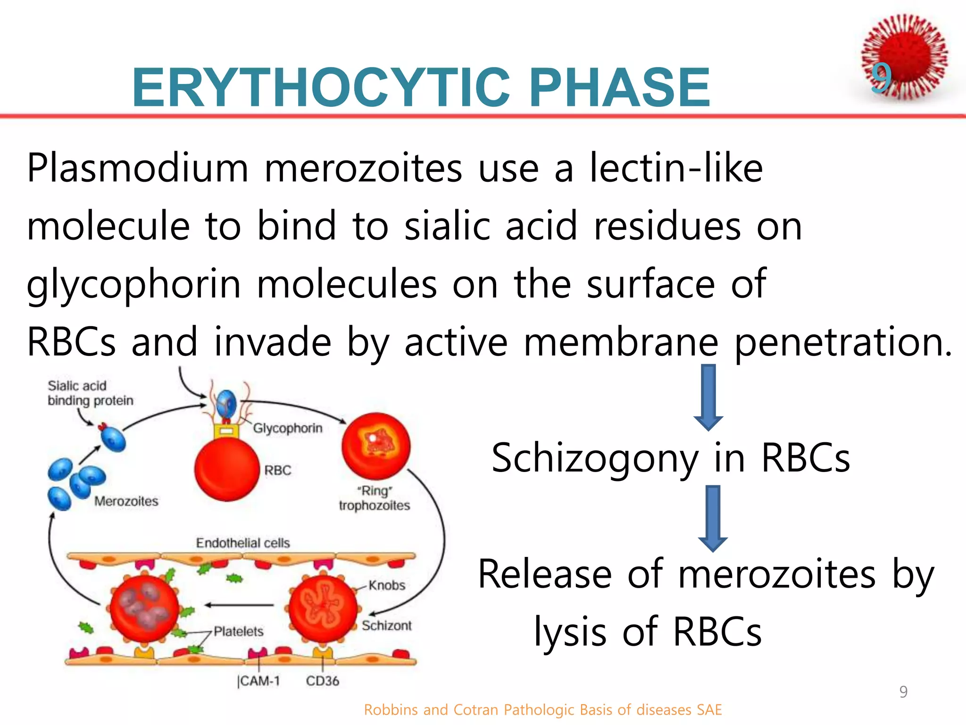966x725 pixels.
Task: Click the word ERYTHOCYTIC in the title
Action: point(321,88)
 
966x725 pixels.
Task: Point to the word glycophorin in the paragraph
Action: point(133,284)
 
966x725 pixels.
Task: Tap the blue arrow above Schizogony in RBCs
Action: point(708,396)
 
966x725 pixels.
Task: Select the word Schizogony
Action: point(594,458)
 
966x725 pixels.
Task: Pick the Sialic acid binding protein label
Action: point(90,393)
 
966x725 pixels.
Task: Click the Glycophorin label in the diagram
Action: point(288,428)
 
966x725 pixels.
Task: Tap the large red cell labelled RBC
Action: point(227,469)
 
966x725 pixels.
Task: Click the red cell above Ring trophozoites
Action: point(376,446)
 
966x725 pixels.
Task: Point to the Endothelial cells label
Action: point(243,543)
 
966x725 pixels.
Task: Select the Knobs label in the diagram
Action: point(387,585)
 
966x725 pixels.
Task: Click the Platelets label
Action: point(238,631)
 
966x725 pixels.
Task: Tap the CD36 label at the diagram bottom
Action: point(323,681)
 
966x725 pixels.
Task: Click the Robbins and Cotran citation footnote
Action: point(543,710)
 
